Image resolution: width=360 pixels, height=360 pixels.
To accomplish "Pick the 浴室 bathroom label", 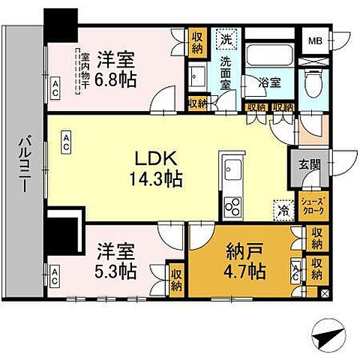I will [270, 82].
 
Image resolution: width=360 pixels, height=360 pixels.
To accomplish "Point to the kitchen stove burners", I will [232, 205].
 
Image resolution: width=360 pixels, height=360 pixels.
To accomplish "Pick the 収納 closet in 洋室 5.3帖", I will [177, 279].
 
